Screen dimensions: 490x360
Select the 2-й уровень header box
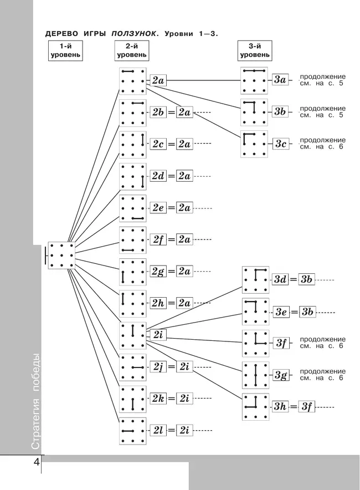[x=132, y=51]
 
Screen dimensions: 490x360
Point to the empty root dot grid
[x=61, y=256]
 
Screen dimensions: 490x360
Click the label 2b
[x=158, y=113]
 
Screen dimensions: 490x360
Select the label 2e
[x=158, y=208]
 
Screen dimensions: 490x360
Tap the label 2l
[x=158, y=430]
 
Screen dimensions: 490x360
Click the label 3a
[x=280, y=80]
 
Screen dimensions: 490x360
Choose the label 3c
[x=280, y=144]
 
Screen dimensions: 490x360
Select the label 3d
[x=280, y=280]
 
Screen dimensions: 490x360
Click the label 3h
[x=280, y=407]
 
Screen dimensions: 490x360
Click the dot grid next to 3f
[x=255, y=343]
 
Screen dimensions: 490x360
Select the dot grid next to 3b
[x=254, y=112]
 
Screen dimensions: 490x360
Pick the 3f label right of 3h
[x=307, y=407]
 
